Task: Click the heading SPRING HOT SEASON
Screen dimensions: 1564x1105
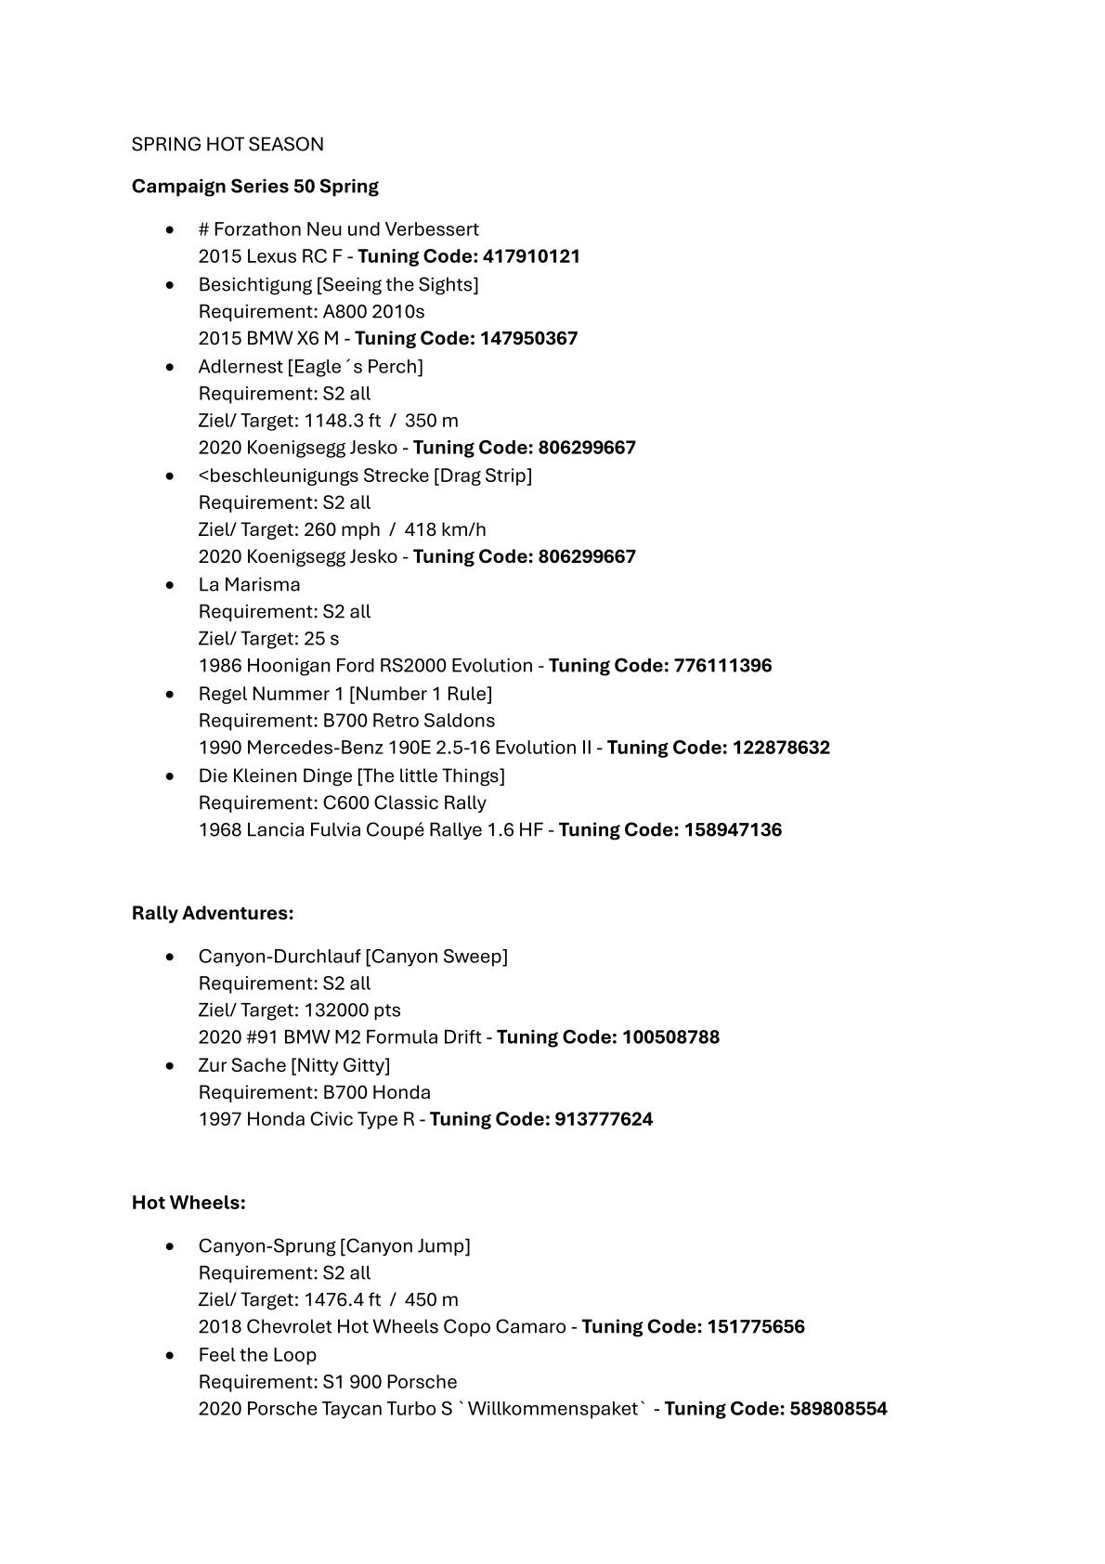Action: (227, 144)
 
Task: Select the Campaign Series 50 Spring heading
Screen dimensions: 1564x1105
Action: (254, 186)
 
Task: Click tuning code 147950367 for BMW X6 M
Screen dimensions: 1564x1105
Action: (528, 338)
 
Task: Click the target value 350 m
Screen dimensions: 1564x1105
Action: (431, 421)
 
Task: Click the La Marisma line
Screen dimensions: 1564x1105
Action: (249, 584)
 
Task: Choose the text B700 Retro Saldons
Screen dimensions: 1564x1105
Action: (409, 721)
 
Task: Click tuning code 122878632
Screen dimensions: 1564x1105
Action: (781, 748)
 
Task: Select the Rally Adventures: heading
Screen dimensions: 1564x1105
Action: (213, 913)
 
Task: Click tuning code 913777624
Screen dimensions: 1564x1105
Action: (604, 1119)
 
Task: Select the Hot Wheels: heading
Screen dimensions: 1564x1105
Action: (188, 1203)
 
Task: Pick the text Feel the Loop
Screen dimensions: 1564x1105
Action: (257, 1354)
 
